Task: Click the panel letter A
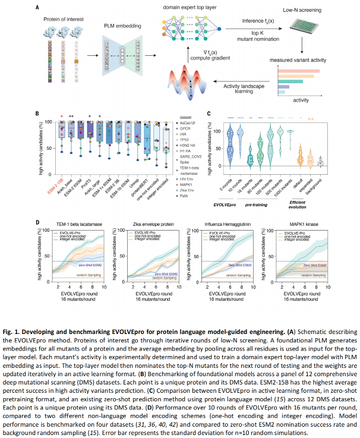pyautogui.click(x=37, y=7)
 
